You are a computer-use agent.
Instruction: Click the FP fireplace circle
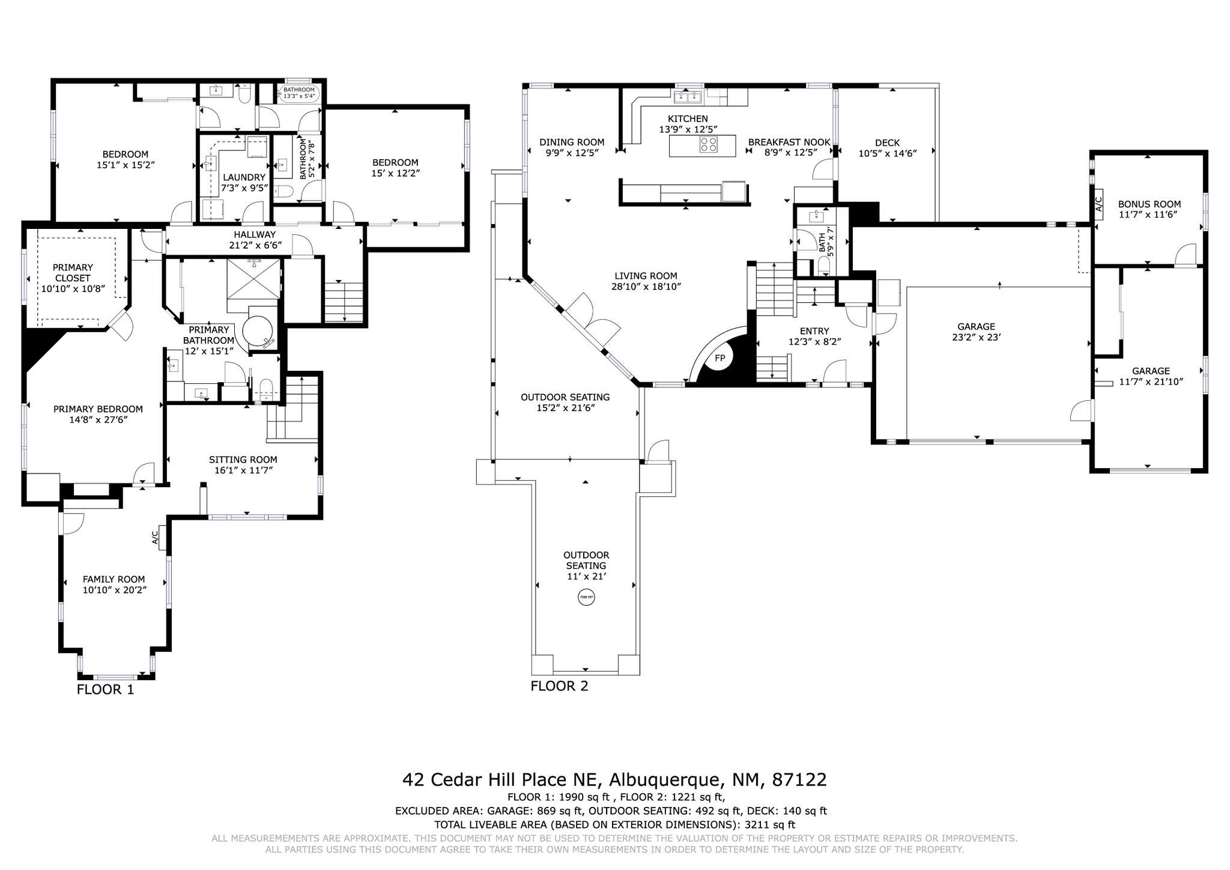[720, 359]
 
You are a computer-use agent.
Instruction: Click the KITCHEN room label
[688, 119]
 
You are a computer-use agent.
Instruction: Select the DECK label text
[887, 143]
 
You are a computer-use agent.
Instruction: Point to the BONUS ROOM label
[1149, 204]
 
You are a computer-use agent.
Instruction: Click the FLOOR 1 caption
[106, 690]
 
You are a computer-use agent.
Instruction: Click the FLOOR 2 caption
[560, 686]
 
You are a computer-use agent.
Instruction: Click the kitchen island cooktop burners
[709, 145]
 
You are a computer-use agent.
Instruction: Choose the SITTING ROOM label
[243, 460]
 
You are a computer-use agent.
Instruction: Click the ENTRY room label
[814, 331]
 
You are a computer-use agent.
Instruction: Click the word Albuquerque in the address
[665, 780]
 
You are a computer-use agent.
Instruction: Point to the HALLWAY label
[255, 234]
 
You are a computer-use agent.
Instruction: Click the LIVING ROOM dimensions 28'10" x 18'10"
[646, 287]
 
